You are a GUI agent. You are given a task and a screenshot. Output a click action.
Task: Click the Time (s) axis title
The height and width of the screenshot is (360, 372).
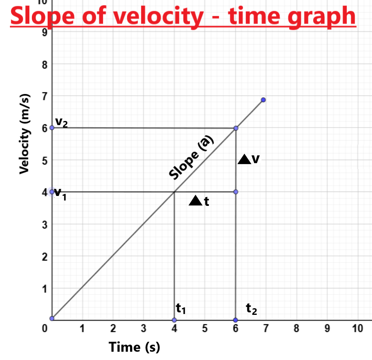[x=134, y=347]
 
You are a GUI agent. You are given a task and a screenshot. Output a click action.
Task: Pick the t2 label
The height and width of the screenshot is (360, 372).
[x=251, y=309]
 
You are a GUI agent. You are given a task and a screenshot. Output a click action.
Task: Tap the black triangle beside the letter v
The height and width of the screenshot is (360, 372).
[x=244, y=159]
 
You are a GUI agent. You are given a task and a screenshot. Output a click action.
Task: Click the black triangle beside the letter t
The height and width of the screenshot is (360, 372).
[x=196, y=201]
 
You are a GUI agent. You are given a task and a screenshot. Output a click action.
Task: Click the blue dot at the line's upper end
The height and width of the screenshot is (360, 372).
[x=263, y=100]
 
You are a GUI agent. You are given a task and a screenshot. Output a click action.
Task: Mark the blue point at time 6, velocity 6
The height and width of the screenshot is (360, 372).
[x=236, y=128]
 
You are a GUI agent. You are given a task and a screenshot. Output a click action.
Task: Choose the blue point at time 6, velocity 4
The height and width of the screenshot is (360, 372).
[x=236, y=192]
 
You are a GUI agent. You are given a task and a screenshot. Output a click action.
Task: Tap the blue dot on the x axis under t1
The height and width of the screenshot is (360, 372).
[x=174, y=320]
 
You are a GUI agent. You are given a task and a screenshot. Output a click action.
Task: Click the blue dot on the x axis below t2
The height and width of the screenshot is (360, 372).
[x=236, y=320]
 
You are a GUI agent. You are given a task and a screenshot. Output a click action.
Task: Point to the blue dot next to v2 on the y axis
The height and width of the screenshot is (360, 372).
[x=52, y=128]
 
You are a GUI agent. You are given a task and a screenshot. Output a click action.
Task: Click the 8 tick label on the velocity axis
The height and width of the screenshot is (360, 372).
[x=45, y=65]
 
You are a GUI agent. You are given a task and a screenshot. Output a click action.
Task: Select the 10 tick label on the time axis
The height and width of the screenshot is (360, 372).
[x=357, y=329]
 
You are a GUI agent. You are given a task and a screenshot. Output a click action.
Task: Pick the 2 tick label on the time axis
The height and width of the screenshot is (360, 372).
[x=113, y=329]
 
